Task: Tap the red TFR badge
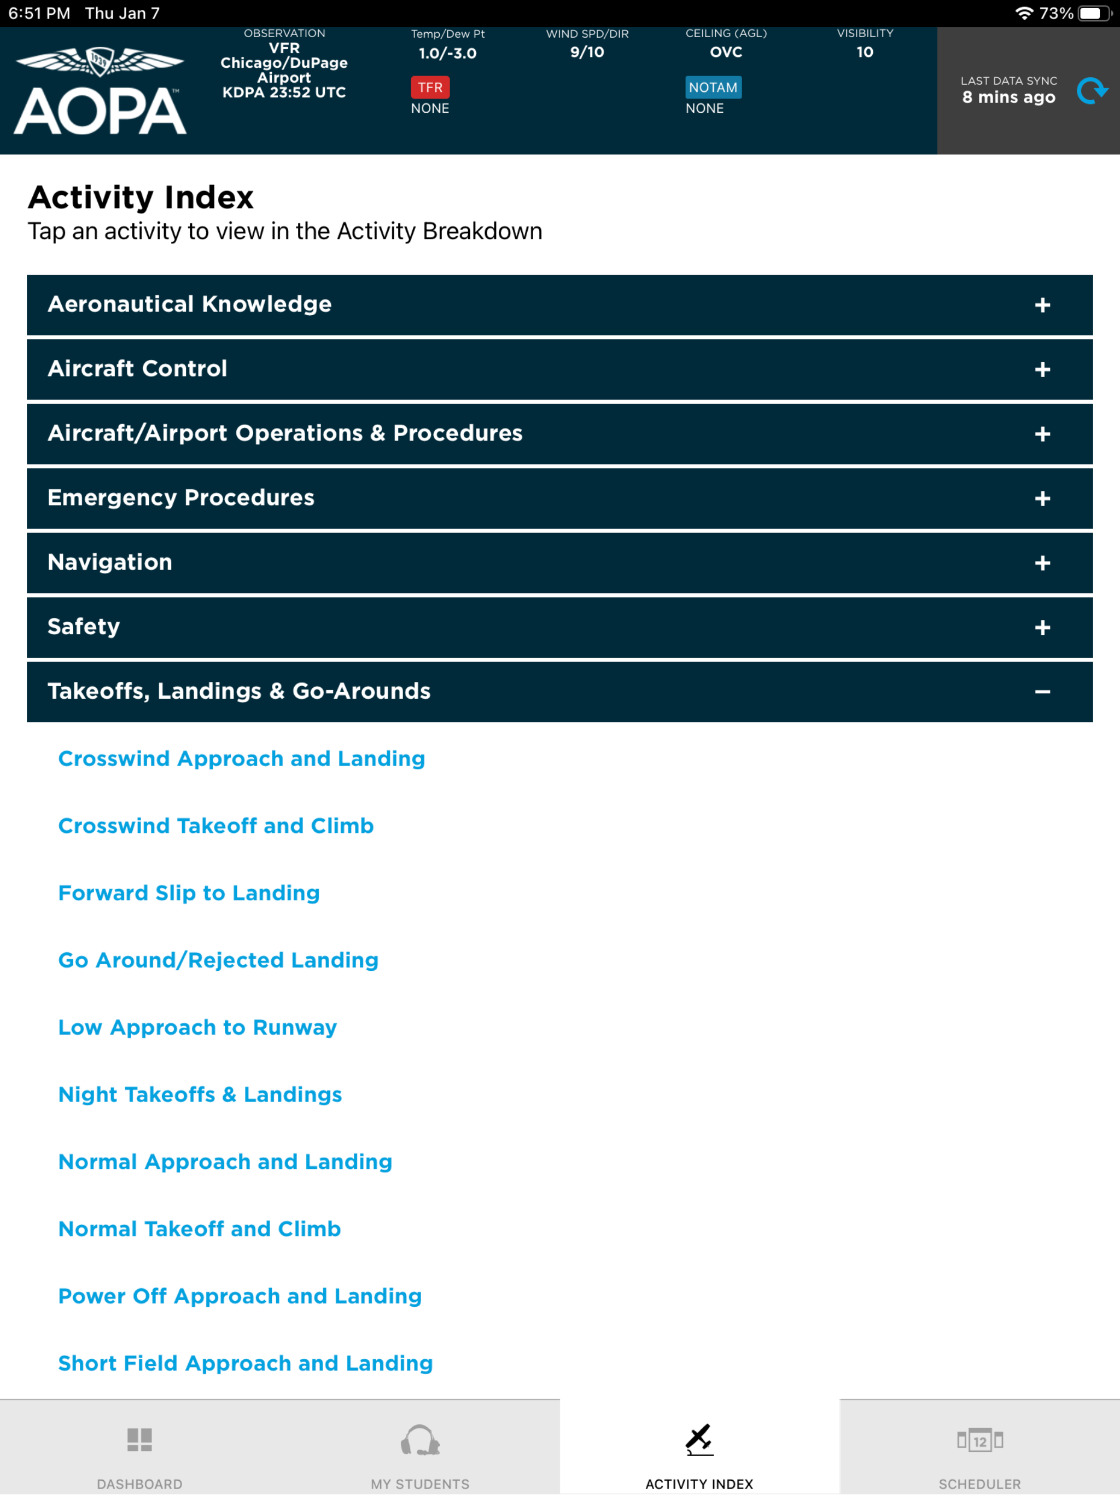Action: tap(430, 87)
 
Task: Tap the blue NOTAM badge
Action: tap(713, 87)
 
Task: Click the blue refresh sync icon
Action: tap(1091, 91)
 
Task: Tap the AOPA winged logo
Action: tap(100, 91)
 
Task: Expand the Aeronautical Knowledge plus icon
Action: tap(1042, 305)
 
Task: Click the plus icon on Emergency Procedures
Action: tap(1042, 499)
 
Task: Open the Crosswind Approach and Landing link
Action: tap(241, 758)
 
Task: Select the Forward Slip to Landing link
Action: tap(189, 893)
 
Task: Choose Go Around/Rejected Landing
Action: tap(218, 960)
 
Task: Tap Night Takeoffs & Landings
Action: tap(200, 1094)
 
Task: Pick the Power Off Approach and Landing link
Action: tap(240, 1296)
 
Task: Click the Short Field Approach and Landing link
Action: tap(245, 1363)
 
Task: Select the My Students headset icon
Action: tap(419, 1440)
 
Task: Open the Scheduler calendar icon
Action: tap(979, 1440)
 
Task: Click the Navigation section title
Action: tap(110, 563)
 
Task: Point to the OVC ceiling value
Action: tap(726, 52)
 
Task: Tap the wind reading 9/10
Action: tap(586, 52)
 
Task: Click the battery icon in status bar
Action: tap(1094, 14)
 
